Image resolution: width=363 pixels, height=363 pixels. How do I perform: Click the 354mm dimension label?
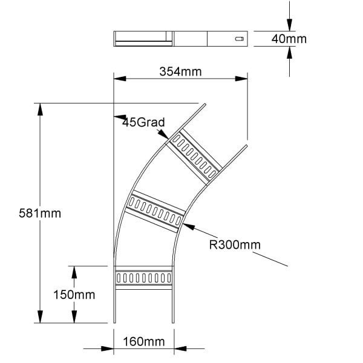[180, 71]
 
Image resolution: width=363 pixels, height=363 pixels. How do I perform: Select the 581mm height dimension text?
[40, 213]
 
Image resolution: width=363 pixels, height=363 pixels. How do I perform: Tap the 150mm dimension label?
[74, 295]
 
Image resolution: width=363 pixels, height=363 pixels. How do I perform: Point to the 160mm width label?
[144, 341]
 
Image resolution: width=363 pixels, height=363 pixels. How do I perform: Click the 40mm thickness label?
[289, 39]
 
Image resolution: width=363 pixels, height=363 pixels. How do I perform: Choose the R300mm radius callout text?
[235, 244]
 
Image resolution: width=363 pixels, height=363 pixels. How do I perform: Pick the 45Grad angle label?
[143, 122]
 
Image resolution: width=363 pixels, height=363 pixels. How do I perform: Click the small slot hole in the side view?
[240, 39]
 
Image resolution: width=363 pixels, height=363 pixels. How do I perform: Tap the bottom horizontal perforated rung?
[144, 278]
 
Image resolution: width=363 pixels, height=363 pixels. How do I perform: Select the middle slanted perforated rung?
[155, 211]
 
